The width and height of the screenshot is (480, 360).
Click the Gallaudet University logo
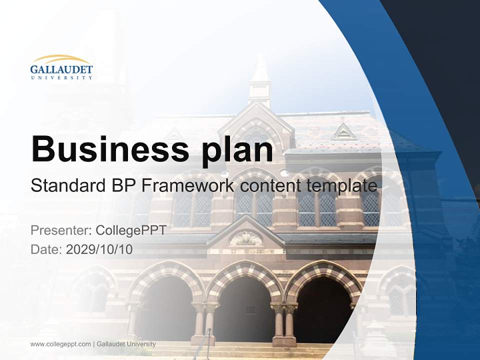(61, 67)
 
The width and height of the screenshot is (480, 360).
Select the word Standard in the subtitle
(66, 186)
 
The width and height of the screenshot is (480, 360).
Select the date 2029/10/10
(99, 249)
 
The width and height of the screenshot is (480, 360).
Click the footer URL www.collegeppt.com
(60, 344)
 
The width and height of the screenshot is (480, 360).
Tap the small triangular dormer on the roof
(344, 132)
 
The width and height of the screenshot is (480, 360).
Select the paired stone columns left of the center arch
(204, 322)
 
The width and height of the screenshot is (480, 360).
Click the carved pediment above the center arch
(245, 237)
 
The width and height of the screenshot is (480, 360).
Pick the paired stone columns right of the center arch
(284, 322)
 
